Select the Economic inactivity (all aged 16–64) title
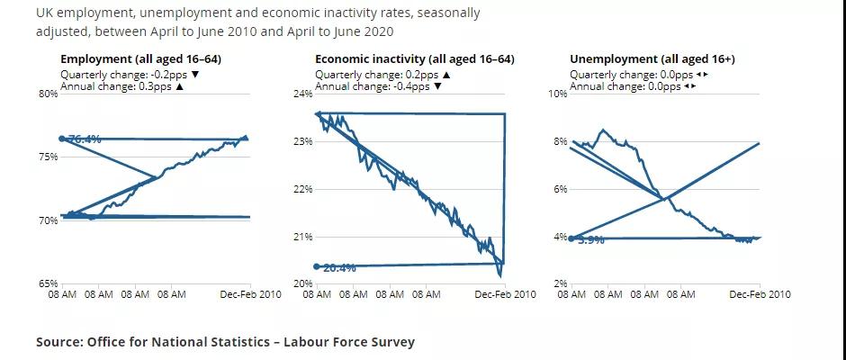point(415,59)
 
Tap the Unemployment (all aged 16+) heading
point(652,59)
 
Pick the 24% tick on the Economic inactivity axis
point(302,94)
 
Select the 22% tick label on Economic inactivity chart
point(302,189)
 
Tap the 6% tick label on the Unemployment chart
point(560,189)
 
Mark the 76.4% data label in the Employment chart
point(85,139)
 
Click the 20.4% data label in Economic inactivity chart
point(339,267)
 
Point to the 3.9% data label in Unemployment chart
point(590,240)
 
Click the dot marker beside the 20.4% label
point(317,266)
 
